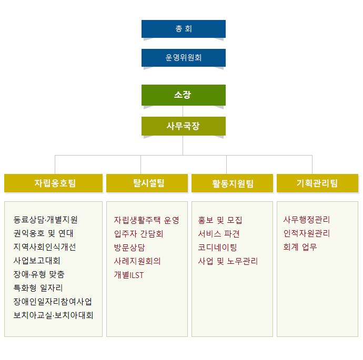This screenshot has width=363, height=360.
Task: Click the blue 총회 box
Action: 183,29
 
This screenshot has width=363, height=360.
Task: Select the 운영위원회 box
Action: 183,58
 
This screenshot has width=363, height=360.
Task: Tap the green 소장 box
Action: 183,95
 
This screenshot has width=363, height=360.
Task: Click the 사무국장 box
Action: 183,126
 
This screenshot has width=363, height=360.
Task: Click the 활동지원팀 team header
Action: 233,183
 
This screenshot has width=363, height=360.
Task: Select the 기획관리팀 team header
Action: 317,183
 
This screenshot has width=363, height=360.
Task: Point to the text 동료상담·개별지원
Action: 46,220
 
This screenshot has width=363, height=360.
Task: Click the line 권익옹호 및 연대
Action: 44,233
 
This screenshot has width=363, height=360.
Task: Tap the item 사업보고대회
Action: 37,261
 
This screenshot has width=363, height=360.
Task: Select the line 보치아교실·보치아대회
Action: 53,315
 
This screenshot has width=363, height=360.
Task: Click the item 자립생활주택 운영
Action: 147,220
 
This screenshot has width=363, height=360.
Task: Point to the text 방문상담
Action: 129,247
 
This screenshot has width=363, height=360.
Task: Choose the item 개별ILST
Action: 129,274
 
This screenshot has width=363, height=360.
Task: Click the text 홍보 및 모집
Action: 220,220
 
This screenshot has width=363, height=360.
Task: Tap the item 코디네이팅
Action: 218,247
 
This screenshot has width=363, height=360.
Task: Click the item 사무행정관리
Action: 307,220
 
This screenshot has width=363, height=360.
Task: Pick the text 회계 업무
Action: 300,247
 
